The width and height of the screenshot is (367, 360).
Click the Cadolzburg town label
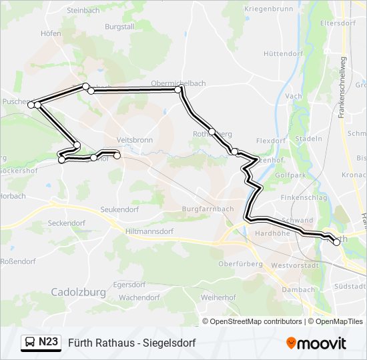pos(77,292)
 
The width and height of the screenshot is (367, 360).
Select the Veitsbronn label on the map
pos(135,140)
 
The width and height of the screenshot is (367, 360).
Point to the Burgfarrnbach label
pos(208,209)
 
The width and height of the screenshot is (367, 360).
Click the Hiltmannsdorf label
pos(149,231)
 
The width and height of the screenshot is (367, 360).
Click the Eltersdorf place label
pos(337,22)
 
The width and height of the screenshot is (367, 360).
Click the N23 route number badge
pos(48,342)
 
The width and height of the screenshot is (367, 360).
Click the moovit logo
pos(316,343)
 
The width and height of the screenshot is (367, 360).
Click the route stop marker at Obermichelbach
pos(178,89)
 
